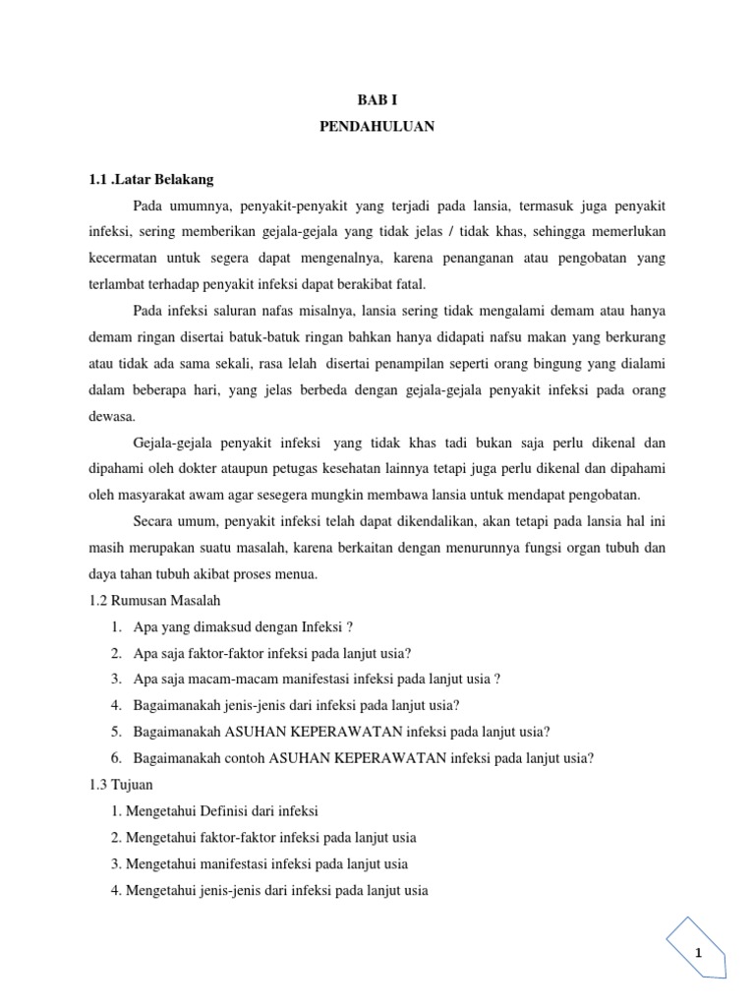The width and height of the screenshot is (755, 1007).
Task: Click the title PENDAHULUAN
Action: tap(377, 128)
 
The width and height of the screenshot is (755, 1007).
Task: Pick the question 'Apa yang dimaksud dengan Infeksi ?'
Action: tap(245, 626)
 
